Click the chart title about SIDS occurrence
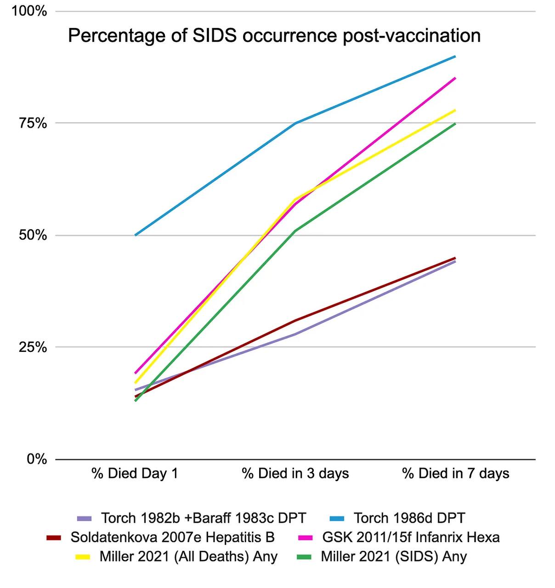point(274,36)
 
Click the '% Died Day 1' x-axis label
point(135,474)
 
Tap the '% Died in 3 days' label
point(295,474)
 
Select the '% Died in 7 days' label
point(456,474)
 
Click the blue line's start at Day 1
point(135,235)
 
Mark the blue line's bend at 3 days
point(295,123)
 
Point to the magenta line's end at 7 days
point(455,78)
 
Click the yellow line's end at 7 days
point(455,110)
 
